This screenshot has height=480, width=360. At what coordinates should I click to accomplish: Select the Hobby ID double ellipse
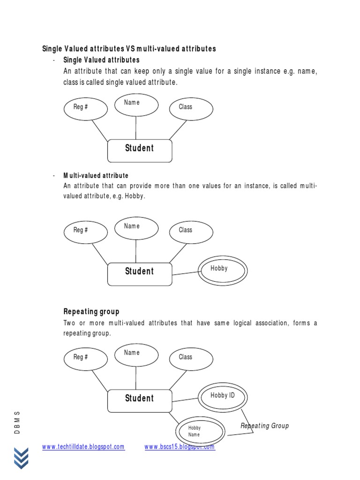tap(223, 397)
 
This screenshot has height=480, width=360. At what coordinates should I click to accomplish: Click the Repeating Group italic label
tap(264, 426)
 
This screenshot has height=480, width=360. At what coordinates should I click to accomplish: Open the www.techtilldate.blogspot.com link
tap(83, 447)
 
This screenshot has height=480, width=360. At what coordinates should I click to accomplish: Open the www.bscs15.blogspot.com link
tap(180, 447)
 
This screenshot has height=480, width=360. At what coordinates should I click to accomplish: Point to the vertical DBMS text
tap(17, 422)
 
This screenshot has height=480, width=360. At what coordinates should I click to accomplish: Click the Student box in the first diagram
tap(140, 150)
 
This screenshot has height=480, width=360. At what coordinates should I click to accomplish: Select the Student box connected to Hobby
tap(140, 273)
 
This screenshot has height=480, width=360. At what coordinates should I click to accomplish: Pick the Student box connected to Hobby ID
tap(140, 400)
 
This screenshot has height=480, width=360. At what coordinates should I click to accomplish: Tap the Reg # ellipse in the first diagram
tap(85, 109)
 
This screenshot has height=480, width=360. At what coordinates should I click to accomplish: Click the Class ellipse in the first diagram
tap(190, 108)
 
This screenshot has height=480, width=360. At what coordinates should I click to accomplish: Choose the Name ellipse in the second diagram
tap(136, 228)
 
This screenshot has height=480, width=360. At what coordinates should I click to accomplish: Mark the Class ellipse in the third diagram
tap(190, 359)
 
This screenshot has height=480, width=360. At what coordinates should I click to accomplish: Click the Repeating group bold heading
tap(91, 312)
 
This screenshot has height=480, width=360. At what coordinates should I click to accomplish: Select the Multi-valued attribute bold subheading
tap(96, 176)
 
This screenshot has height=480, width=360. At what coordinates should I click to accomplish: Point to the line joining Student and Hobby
tap(185, 272)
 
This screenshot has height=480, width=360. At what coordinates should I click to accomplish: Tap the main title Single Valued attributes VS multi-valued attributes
tap(129, 49)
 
